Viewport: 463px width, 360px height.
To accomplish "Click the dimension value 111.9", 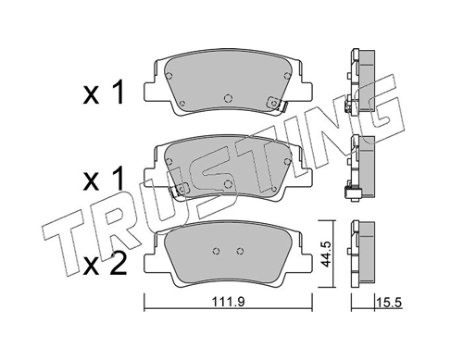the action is click(228, 302).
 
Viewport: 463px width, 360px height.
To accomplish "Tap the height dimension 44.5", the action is click(326, 254).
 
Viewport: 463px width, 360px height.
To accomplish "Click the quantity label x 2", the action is click(105, 263).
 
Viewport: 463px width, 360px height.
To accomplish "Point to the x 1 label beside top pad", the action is click(104, 92).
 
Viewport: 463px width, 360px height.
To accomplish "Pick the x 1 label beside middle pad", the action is click(104, 178).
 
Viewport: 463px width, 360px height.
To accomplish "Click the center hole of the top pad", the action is click(228, 98).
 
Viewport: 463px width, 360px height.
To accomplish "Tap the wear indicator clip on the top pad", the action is click(277, 103).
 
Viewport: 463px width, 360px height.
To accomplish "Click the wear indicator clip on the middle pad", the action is click(179, 189).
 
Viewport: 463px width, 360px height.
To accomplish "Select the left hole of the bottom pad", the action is click(217, 251).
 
